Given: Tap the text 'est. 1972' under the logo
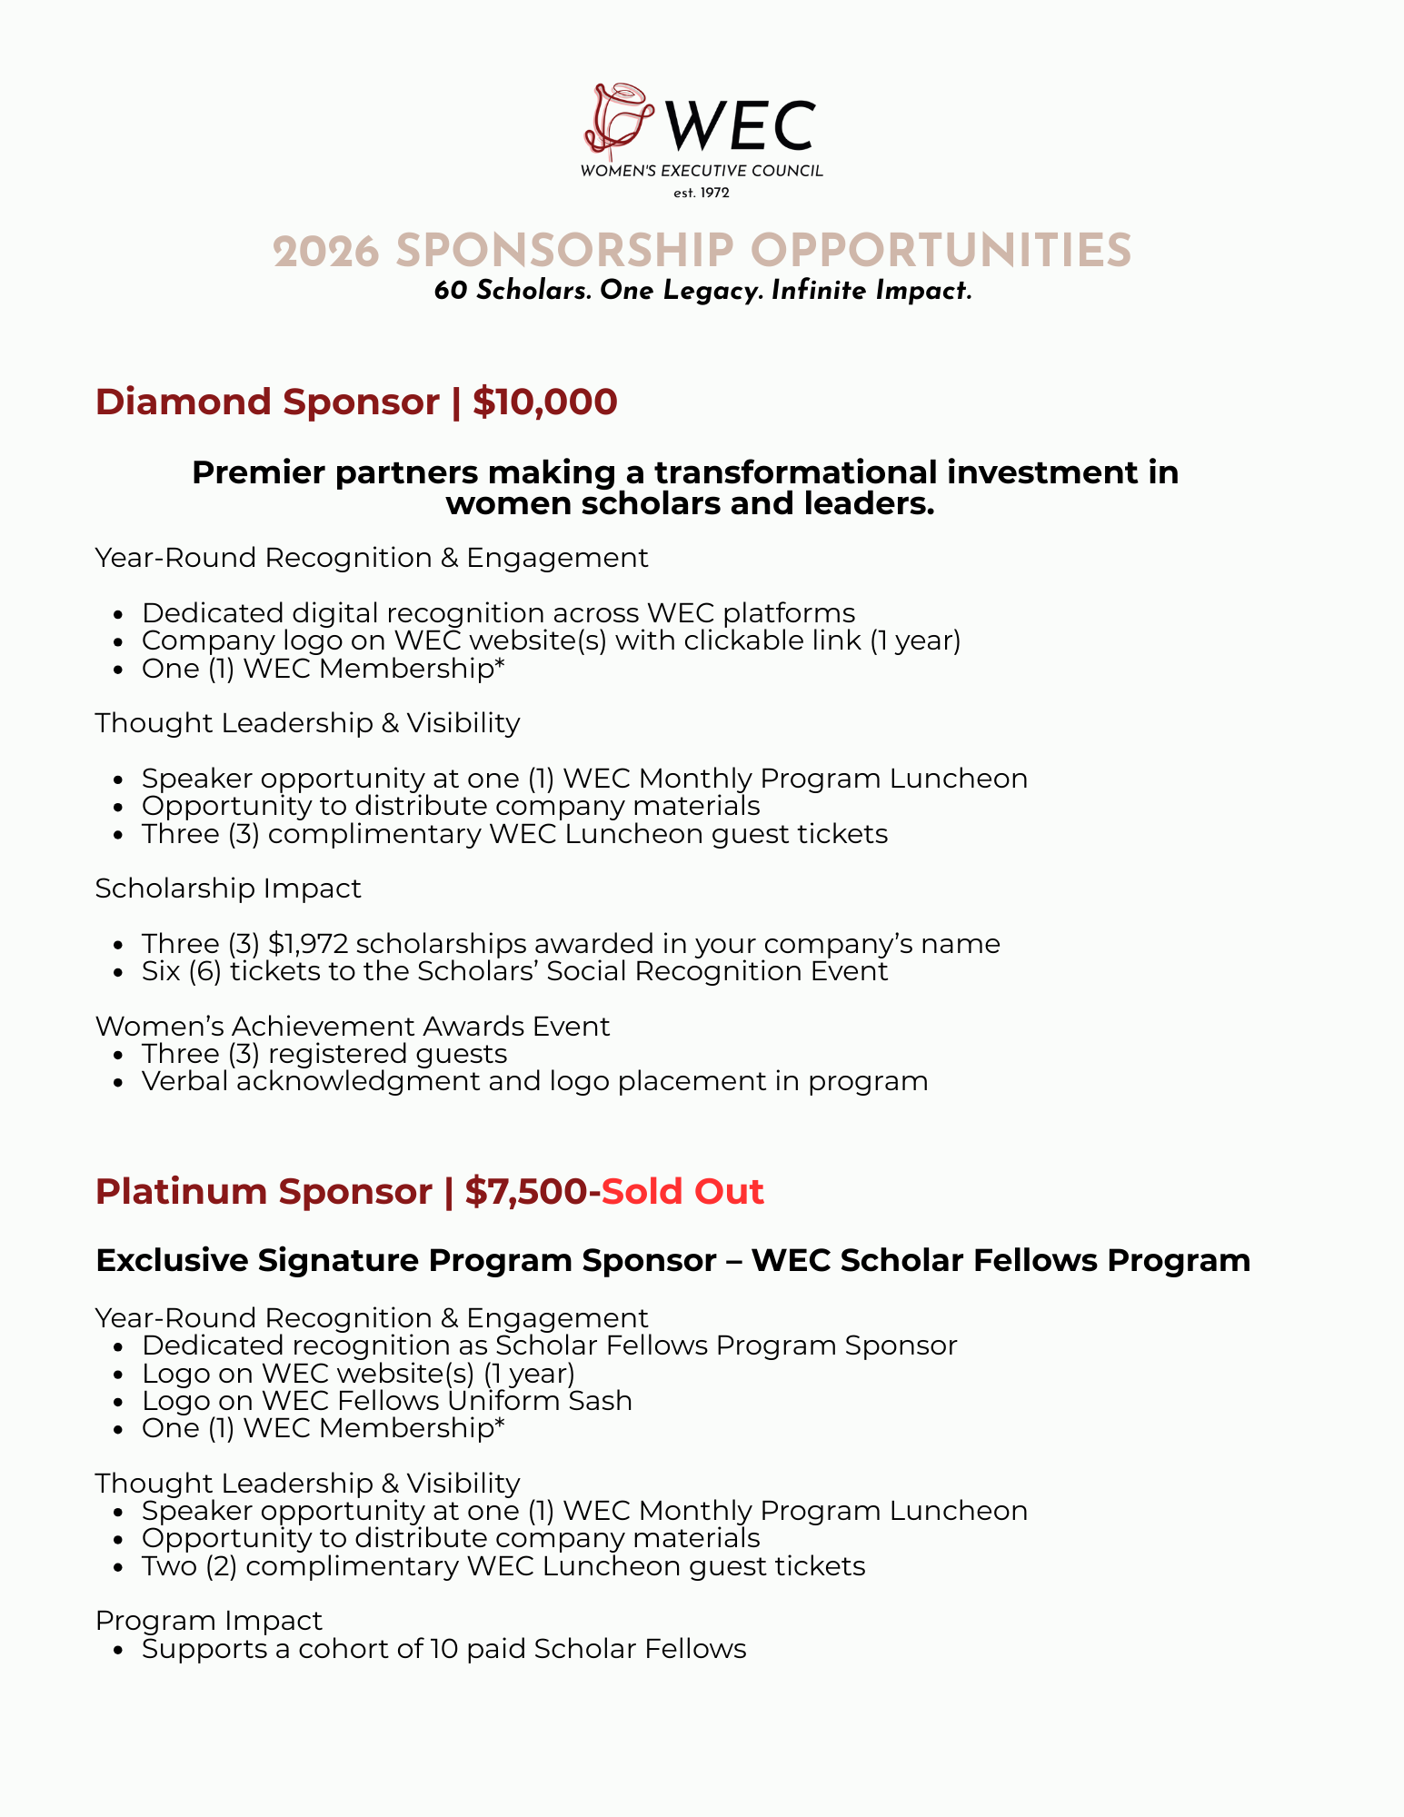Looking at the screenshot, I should tap(701, 193).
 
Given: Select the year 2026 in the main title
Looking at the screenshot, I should tap(325, 252).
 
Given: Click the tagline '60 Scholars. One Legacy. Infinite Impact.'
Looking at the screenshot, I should tap(702, 291).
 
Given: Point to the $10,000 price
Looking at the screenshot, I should tap(544, 402).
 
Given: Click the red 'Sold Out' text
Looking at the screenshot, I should tap(682, 1191).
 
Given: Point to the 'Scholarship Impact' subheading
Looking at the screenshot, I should tap(228, 888).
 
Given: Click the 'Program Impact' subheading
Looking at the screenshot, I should tap(209, 1620).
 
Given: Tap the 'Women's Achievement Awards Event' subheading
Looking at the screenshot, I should tap(353, 1026).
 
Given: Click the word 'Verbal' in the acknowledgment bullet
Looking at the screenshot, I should tap(184, 1081).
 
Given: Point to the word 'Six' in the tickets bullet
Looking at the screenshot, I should tap(161, 971).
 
